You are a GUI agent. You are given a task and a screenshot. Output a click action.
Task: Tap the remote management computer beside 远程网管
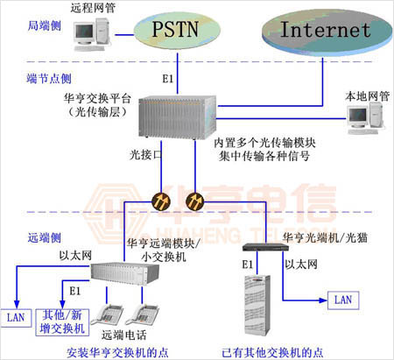(x=86, y=33)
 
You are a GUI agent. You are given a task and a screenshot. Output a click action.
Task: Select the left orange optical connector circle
(x=161, y=200)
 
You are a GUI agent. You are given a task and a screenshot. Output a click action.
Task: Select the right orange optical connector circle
(x=194, y=200)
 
